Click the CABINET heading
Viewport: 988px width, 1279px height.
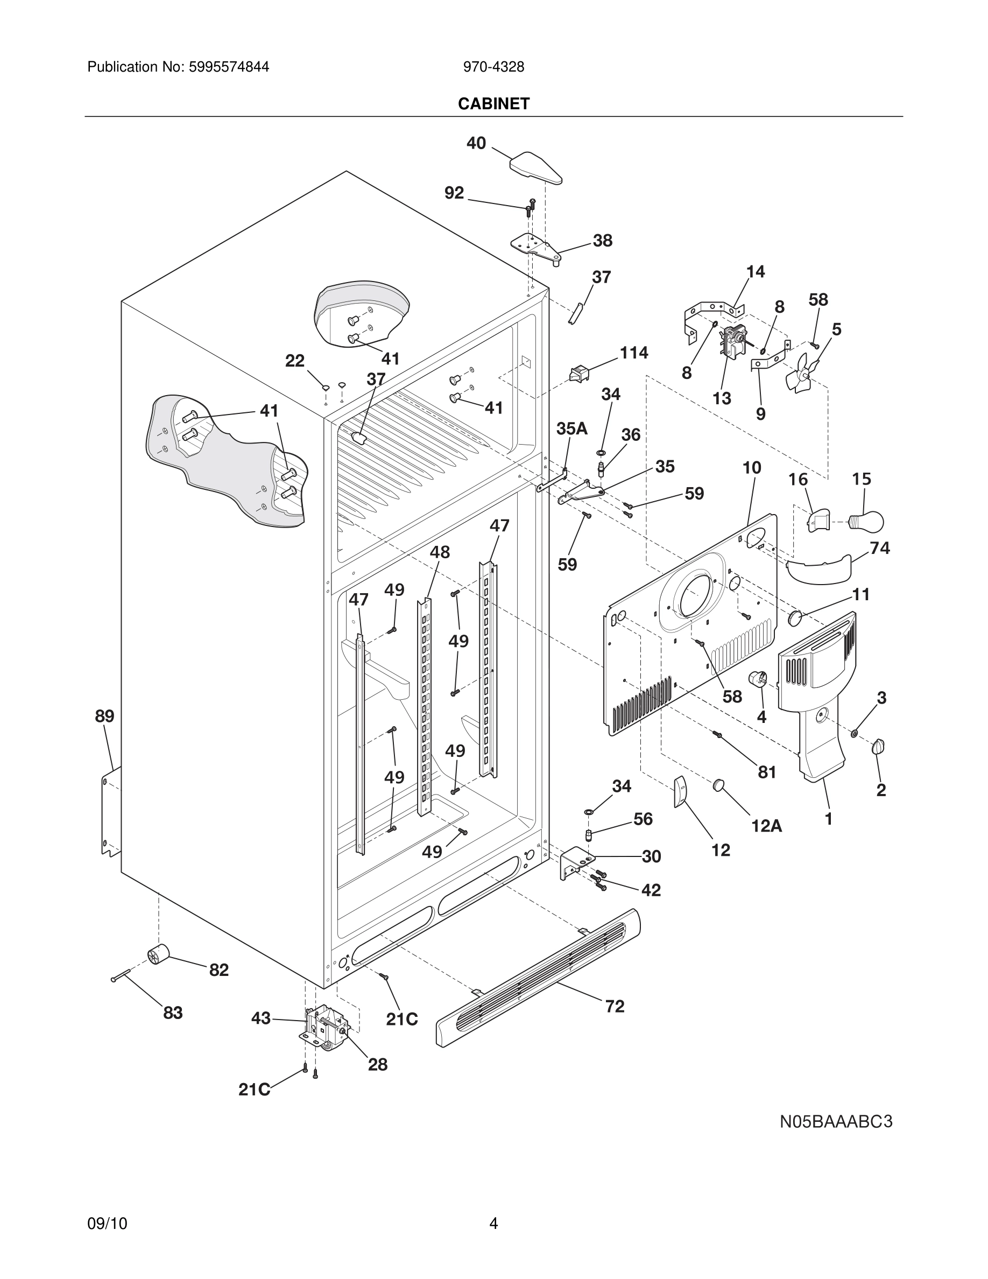pyautogui.click(x=493, y=104)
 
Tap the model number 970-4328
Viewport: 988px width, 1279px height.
pyautogui.click(x=493, y=67)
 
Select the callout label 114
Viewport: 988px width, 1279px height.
pyautogui.click(x=634, y=353)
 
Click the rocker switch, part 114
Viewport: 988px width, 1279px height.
pyautogui.click(x=578, y=373)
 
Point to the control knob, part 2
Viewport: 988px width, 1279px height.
pyautogui.click(x=878, y=746)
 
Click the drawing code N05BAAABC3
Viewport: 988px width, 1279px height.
pyautogui.click(x=836, y=1121)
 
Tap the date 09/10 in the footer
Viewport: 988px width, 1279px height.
pyautogui.click(x=107, y=1223)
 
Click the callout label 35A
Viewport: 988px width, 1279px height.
pyautogui.click(x=572, y=428)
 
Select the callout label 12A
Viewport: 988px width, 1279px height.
pyautogui.click(x=766, y=826)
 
